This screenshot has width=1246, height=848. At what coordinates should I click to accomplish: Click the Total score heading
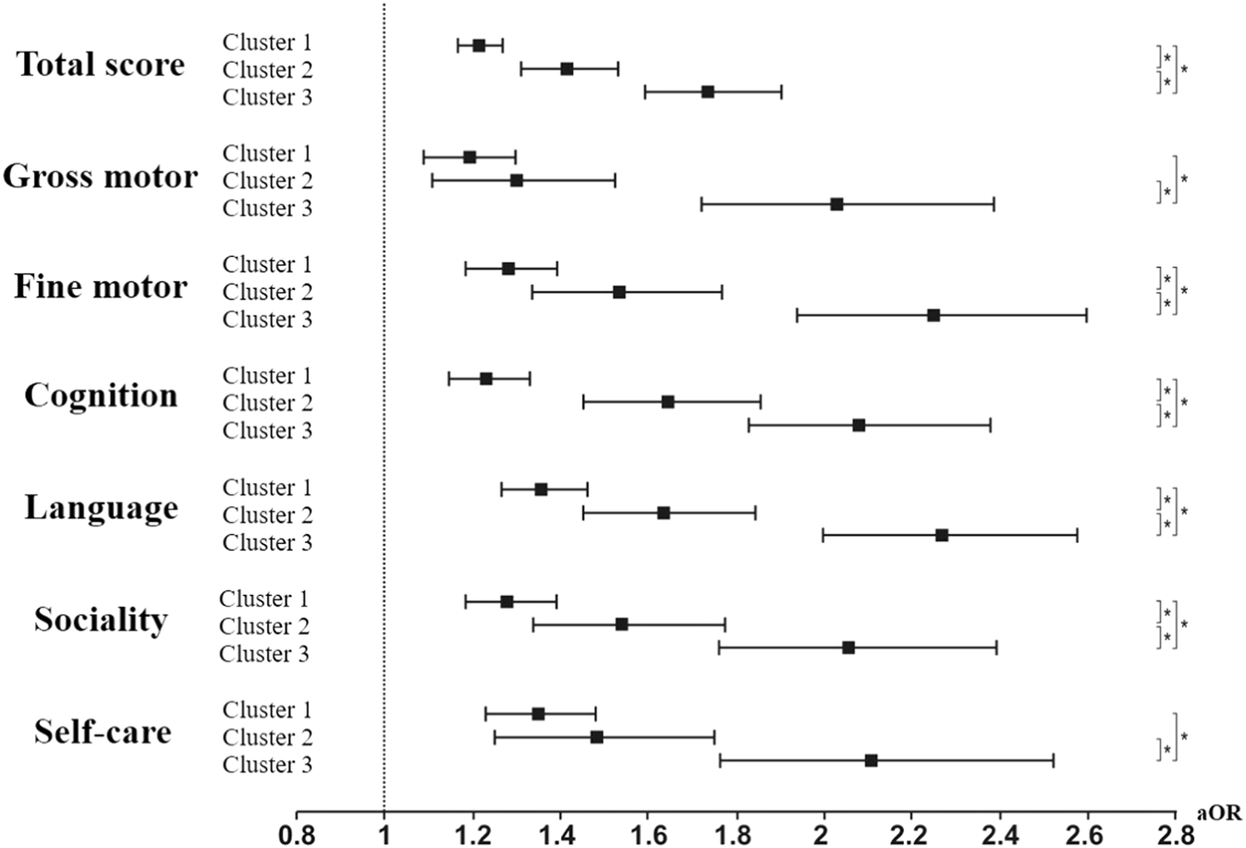(x=100, y=65)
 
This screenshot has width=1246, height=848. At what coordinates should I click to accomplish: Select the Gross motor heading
(x=100, y=176)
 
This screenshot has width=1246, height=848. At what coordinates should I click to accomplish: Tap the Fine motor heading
(x=100, y=286)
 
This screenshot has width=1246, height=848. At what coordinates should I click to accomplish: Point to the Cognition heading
(x=100, y=395)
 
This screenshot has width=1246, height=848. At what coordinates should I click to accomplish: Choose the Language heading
(x=100, y=508)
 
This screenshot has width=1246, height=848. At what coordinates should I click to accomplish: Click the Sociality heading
(x=100, y=619)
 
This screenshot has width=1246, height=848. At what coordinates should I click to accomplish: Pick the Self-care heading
(x=102, y=732)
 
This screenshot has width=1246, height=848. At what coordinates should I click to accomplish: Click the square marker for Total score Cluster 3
(x=707, y=91)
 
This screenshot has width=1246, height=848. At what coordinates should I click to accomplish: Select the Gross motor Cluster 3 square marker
(x=837, y=204)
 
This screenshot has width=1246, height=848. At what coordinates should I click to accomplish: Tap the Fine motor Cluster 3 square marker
(x=934, y=315)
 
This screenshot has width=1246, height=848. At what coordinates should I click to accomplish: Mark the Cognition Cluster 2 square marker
(x=667, y=402)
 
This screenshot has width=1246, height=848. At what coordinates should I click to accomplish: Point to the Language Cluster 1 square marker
(x=541, y=490)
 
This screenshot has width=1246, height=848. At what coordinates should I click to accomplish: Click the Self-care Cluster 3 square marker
(x=871, y=760)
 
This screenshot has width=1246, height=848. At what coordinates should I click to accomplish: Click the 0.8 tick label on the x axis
(x=296, y=835)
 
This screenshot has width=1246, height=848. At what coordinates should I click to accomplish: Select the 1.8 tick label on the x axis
(x=736, y=835)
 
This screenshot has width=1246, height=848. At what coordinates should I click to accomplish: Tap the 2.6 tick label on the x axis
(x=1087, y=835)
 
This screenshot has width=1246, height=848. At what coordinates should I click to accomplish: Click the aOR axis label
(x=1219, y=814)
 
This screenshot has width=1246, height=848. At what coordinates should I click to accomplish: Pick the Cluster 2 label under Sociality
(x=264, y=626)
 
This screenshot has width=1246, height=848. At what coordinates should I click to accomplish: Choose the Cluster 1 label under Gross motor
(x=267, y=153)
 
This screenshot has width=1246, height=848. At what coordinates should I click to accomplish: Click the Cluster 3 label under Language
(x=267, y=542)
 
